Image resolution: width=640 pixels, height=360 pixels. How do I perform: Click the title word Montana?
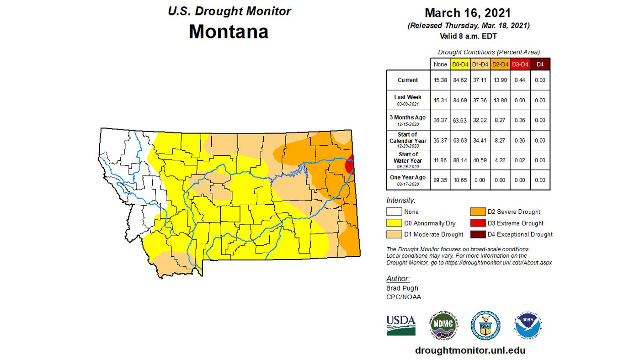[228, 32]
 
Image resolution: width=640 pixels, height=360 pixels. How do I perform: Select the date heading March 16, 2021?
[468, 12]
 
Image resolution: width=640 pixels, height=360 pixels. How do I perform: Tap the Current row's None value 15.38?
[440, 80]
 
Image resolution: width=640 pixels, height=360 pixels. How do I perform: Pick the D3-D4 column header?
[520, 64]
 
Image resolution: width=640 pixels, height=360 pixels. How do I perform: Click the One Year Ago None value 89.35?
[440, 180]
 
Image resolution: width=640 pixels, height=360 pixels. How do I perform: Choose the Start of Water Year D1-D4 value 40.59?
[480, 160]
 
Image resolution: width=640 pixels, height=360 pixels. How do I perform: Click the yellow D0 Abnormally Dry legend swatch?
[394, 223]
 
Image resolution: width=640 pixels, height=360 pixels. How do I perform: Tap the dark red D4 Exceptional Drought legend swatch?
[479, 234]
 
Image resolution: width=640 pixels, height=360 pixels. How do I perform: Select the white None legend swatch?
[394, 212]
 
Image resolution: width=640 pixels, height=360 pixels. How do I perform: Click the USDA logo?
[401, 324]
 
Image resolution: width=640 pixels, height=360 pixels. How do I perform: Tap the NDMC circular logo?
[443, 325]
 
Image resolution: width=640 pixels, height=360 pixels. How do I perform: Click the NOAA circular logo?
[528, 325]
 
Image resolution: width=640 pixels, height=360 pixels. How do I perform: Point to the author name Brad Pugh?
[402, 288]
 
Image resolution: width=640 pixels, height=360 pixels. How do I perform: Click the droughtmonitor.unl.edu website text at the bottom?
[470, 350]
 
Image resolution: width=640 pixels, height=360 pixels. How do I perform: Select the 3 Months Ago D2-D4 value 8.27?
[500, 120]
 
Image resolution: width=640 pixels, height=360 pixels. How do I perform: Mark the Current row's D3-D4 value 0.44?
[520, 80]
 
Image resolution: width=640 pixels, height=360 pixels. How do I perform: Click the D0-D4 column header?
[460, 64]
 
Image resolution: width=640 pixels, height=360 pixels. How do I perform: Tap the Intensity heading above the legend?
[401, 200]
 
